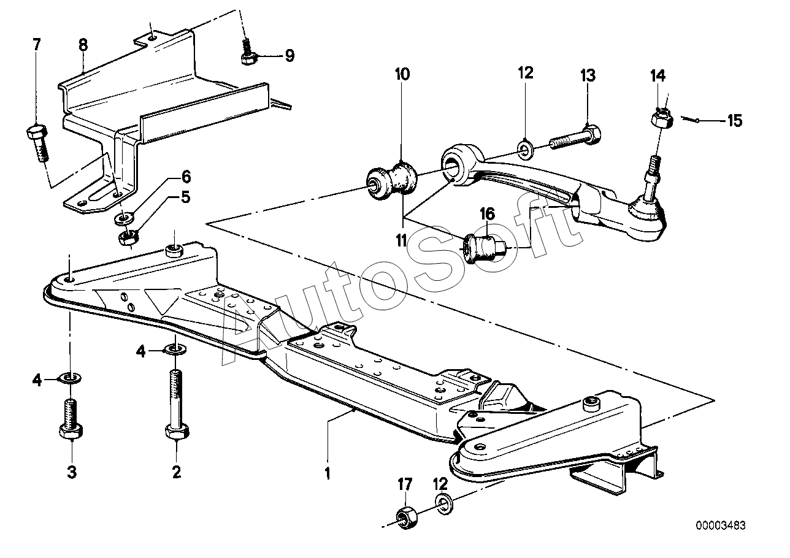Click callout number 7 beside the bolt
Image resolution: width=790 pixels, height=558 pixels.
[37, 45]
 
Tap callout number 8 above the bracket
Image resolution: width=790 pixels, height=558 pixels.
[83, 45]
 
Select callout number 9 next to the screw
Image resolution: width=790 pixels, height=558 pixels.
[290, 56]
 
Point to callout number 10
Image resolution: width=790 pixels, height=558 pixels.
[402, 74]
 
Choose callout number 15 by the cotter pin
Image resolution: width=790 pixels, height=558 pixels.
[735, 121]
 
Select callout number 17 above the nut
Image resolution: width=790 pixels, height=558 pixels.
[405, 484]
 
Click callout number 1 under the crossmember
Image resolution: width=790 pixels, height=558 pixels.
[328, 473]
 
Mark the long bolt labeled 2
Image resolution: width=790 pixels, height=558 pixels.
[177, 404]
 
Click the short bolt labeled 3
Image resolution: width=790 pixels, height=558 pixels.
[71, 419]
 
